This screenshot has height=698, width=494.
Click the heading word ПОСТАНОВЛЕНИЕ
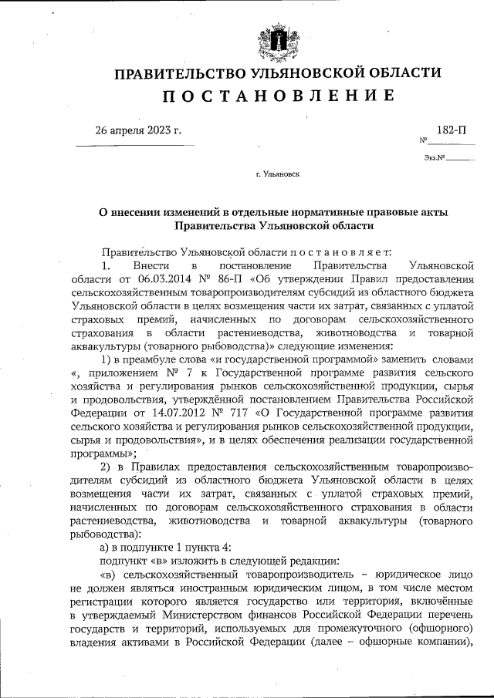pos(279,96)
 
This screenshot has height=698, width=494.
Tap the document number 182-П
pos(451,130)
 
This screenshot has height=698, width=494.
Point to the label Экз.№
pos(435,158)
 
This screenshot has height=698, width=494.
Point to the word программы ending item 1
pos(103,454)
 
